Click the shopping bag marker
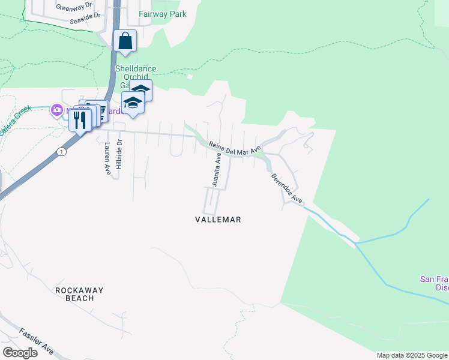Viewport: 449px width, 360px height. coord(125,41)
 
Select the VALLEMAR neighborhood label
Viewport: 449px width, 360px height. coord(218,220)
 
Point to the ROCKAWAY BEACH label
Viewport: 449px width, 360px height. coord(79,294)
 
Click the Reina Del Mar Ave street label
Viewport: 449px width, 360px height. coord(235,148)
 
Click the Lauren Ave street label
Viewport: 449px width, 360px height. coord(108,158)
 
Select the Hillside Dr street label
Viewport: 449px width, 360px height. coord(119,154)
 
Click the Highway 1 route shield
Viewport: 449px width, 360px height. coord(61,152)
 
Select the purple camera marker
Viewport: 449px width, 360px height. coord(57,110)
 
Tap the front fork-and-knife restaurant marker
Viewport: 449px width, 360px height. coord(80,119)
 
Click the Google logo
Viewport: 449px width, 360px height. coord(20,353)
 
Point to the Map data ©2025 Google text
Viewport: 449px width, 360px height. coord(411,355)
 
